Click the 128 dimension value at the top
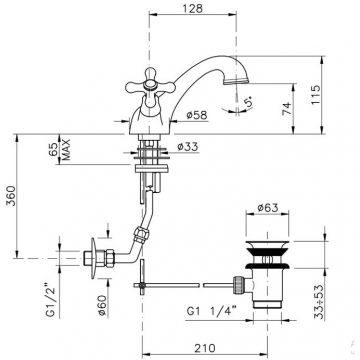tap(192, 8)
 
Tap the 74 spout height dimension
tap(287, 108)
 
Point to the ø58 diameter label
tap(197, 115)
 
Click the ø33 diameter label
tap(187, 146)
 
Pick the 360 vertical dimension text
tap(11, 196)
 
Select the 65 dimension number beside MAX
tap(53, 149)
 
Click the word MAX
tap(66, 149)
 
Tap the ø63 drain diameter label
tap(268, 208)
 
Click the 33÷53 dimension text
tap(319, 302)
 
